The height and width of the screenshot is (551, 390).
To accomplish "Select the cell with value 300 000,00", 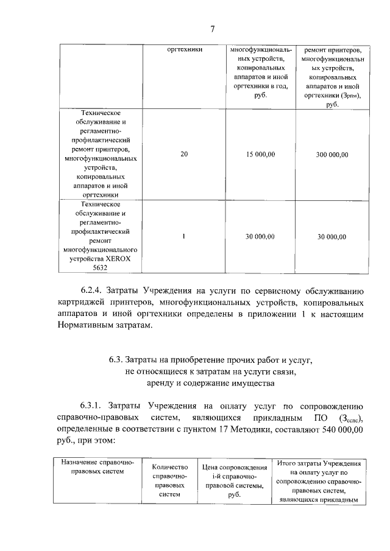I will (x=331, y=155).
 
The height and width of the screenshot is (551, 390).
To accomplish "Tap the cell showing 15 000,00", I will (x=261, y=155).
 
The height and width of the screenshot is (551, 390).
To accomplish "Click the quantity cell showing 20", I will (x=184, y=155).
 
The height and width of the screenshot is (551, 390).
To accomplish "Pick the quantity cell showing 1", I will (x=184, y=236).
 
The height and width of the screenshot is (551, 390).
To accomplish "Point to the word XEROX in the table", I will (x=126, y=258).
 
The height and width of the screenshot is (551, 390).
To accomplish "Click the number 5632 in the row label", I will (x=99, y=266).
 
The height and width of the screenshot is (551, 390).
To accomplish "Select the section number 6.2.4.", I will (x=93, y=290).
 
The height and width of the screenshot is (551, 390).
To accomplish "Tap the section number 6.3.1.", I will (x=93, y=406).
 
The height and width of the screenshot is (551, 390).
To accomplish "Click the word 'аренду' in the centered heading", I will (x=161, y=384).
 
